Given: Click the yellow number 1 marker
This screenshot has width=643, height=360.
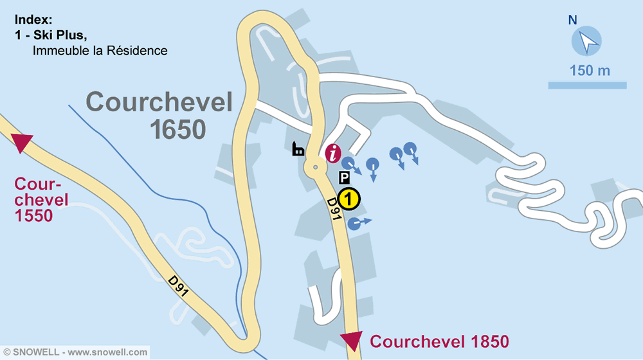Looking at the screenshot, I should [347, 199].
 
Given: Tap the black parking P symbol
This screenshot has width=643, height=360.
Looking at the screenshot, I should [345, 177].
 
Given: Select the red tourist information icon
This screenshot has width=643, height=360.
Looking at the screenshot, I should [333, 154].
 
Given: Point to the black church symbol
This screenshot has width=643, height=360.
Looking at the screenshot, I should [298, 150].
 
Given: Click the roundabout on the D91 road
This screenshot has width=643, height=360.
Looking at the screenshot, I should [316, 168].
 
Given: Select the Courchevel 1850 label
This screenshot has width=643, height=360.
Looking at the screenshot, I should [439, 341].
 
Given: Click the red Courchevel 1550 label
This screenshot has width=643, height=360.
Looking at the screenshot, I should [42, 199].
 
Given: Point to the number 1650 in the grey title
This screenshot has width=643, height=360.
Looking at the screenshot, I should [178, 129].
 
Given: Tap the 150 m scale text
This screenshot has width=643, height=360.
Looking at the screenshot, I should [589, 71].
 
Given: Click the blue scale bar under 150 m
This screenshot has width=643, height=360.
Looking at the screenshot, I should [587, 85].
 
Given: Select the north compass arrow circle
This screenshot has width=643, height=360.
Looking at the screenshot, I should [586, 42].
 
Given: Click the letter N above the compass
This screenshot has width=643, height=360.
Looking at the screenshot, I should [572, 20].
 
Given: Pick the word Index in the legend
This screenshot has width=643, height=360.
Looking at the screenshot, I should [33, 19].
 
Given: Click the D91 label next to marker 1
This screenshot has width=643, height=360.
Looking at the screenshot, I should [333, 210].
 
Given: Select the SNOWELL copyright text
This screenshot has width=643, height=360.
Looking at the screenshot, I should [75, 352].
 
